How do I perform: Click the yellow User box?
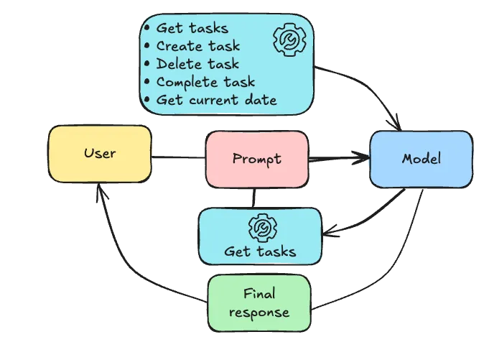point(99,153)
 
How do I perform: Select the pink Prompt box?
point(257,158)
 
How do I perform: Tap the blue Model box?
point(421,159)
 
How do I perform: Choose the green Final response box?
point(259,303)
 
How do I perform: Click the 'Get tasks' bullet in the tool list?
point(192,28)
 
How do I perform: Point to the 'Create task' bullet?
point(197,46)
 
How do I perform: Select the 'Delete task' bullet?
point(197,64)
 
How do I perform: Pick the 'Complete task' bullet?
point(205,82)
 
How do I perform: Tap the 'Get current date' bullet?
point(215,100)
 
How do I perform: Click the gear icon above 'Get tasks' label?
point(259,228)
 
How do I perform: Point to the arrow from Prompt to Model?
point(337,158)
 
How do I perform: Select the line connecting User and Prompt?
point(178,158)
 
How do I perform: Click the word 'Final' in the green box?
point(259,294)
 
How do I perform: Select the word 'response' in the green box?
point(259,313)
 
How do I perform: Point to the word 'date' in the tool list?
point(260,100)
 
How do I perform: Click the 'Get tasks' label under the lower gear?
point(259,251)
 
